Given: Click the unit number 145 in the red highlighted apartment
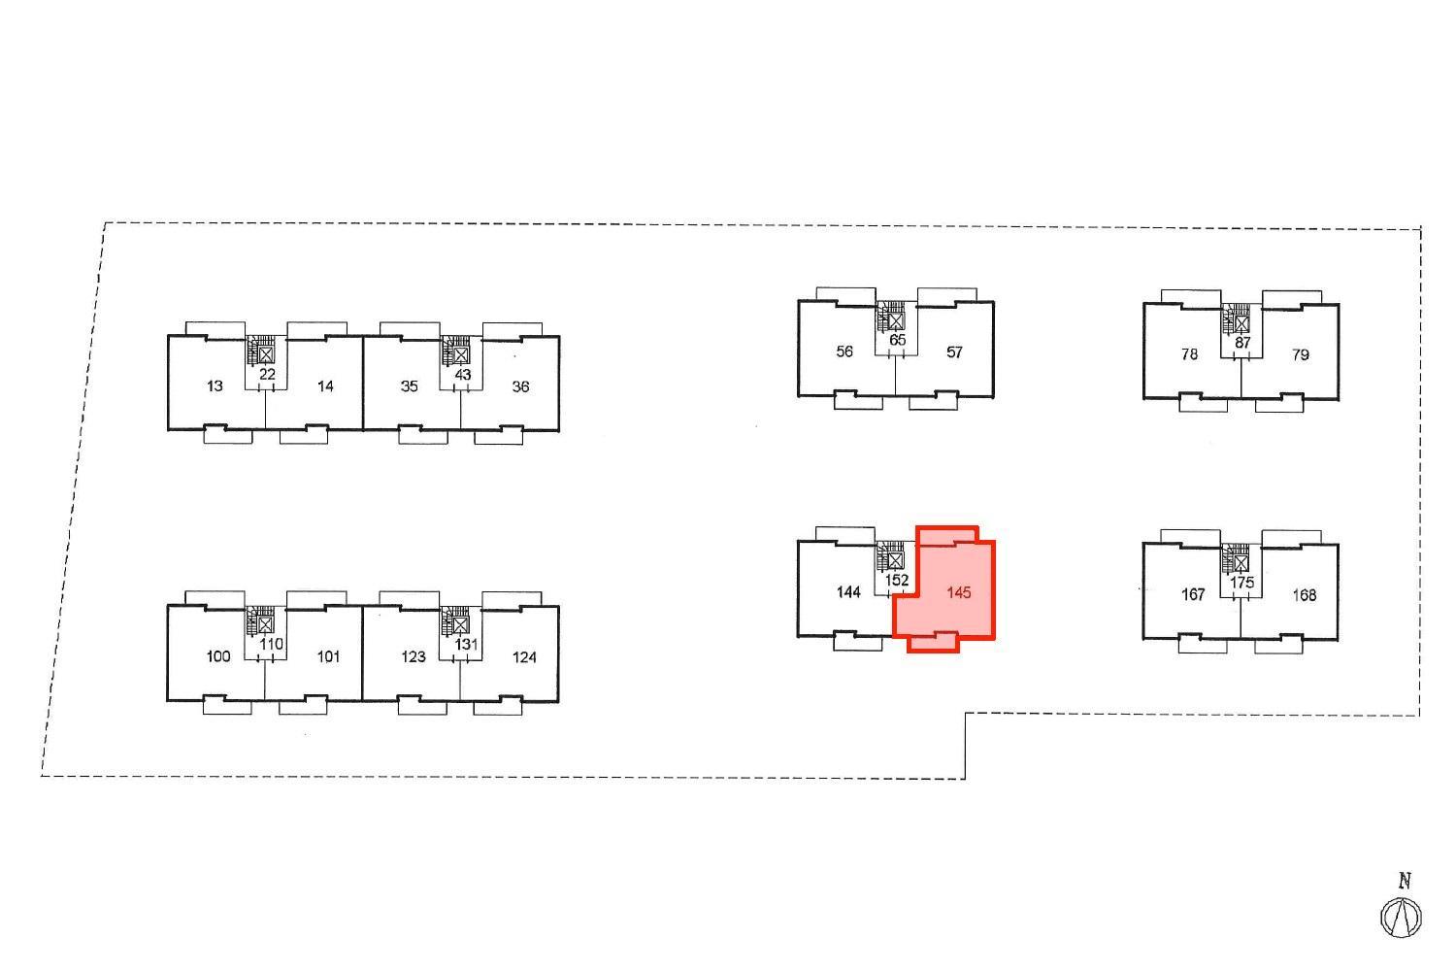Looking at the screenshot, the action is pyautogui.click(x=959, y=592).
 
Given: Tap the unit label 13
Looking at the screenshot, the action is pyautogui.click(x=215, y=386).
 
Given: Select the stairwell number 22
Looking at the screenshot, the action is pyautogui.click(x=267, y=375).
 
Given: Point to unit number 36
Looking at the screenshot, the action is pyautogui.click(x=520, y=387).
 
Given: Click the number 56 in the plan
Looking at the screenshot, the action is pyautogui.click(x=844, y=352).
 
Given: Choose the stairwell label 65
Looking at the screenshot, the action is pyautogui.click(x=897, y=340).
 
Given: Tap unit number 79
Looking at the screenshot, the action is pyautogui.click(x=1300, y=355).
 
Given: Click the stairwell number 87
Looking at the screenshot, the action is pyautogui.click(x=1242, y=343).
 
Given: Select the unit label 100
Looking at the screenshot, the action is pyautogui.click(x=218, y=656).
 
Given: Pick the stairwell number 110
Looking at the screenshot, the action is pyautogui.click(x=271, y=644).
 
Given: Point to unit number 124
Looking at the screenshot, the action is pyautogui.click(x=524, y=657).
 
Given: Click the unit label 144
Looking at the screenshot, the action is pyautogui.click(x=848, y=592).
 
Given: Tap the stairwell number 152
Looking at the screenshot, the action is pyautogui.click(x=897, y=580).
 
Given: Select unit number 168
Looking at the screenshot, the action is pyautogui.click(x=1304, y=595).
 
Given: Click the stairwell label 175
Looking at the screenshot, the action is pyautogui.click(x=1241, y=583).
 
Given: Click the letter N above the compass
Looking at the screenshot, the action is pyautogui.click(x=1404, y=882).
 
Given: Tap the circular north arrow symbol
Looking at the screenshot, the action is pyautogui.click(x=1401, y=918).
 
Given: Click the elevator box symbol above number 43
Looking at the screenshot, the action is pyautogui.click(x=460, y=355).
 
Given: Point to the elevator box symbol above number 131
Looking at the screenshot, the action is pyautogui.click(x=460, y=625).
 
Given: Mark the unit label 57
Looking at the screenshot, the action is pyautogui.click(x=953, y=352).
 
